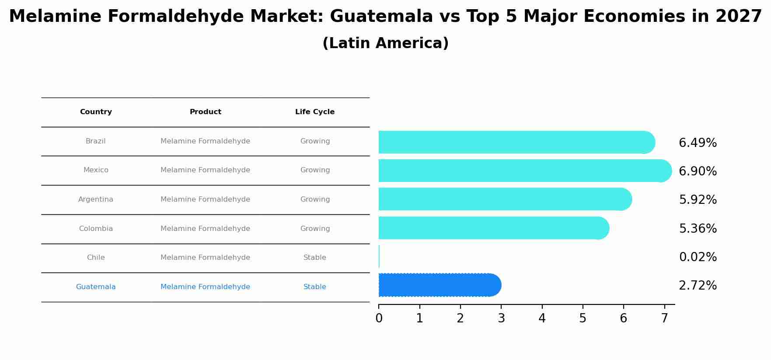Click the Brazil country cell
(x=96, y=141)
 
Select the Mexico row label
(x=96, y=170)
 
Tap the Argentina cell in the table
(x=96, y=199)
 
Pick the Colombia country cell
(x=96, y=229)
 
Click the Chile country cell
(x=96, y=258)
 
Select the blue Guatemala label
(x=96, y=287)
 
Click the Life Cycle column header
(x=315, y=112)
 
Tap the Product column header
(x=206, y=112)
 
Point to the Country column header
(x=96, y=112)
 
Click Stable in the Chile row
(x=315, y=258)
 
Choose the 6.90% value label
(x=698, y=171)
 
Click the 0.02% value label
(x=698, y=257)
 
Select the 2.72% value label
(x=698, y=286)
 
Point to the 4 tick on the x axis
(x=542, y=318)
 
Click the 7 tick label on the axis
(x=664, y=318)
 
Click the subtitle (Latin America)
(x=385, y=43)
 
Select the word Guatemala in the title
(x=381, y=17)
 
